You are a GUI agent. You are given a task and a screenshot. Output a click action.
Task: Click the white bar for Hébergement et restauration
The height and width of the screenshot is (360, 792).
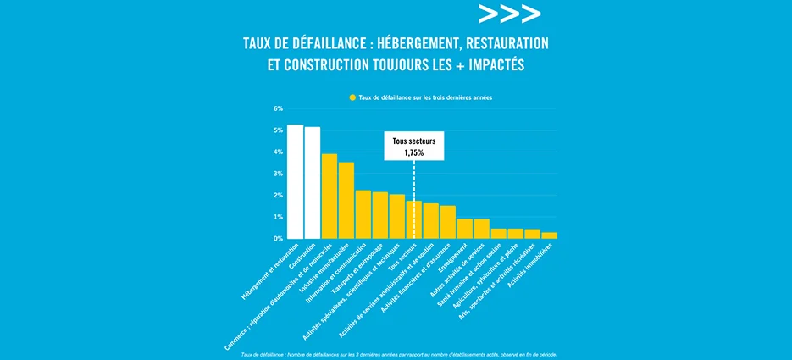[295, 181]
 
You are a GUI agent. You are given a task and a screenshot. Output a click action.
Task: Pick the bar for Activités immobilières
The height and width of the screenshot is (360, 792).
[550, 235]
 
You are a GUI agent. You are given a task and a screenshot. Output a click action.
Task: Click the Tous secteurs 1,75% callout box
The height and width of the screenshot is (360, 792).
[413, 147]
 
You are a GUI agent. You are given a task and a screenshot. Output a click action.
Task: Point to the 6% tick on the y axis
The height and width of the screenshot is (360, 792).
[277, 108]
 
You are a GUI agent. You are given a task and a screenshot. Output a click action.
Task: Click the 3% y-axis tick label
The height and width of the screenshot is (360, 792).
[277, 174]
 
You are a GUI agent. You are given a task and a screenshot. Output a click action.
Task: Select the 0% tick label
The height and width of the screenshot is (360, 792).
[277, 239]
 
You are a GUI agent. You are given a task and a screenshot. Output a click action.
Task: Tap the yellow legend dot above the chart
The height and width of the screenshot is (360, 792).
[352, 98]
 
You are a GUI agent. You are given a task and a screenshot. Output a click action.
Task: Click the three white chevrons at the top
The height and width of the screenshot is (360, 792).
[508, 14]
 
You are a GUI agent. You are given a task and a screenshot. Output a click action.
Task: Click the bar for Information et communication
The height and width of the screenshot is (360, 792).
[363, 214]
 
